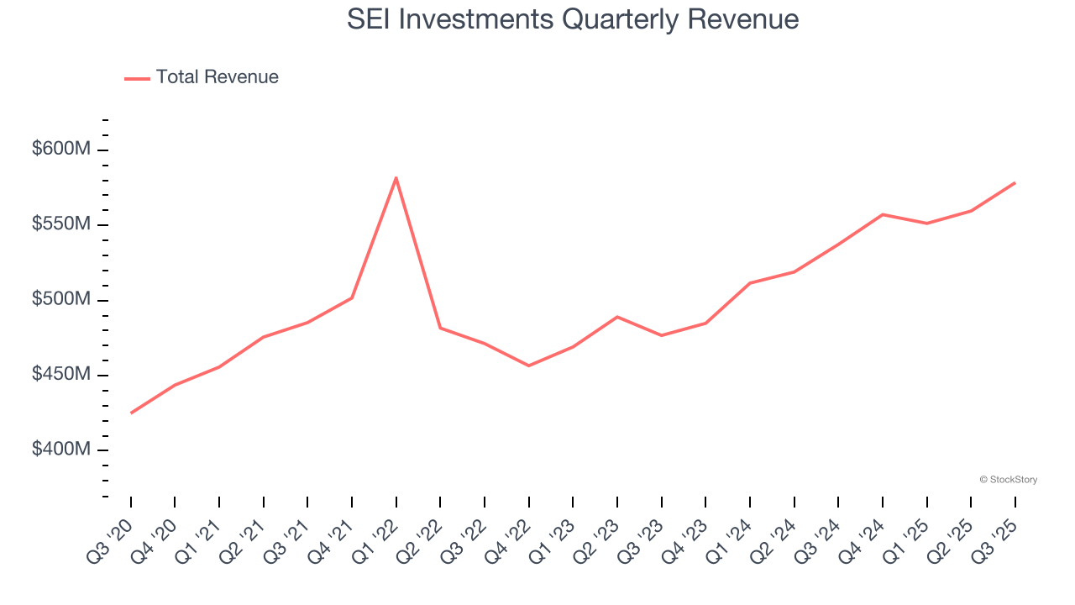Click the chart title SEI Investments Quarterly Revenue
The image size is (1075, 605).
point(573,18)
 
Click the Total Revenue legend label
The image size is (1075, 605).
point(217,77)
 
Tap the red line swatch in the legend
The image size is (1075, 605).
point(138,78)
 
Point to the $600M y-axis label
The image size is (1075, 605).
point(60,150)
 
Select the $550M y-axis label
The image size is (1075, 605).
point(60,224)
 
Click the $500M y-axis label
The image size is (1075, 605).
point(60,300)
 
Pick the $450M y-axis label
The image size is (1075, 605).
point(60,375)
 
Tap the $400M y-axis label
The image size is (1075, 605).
point(60,450)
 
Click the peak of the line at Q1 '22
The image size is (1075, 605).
point(396,177)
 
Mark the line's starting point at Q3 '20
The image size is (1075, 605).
point(131,413)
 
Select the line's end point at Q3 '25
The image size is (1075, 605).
point(1015,182)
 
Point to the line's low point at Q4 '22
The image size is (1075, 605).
point(528,366)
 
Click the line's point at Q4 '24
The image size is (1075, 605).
point(882,214)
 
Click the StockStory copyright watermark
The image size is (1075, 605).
point(1008,480)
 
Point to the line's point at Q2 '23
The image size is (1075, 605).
point(617,317)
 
